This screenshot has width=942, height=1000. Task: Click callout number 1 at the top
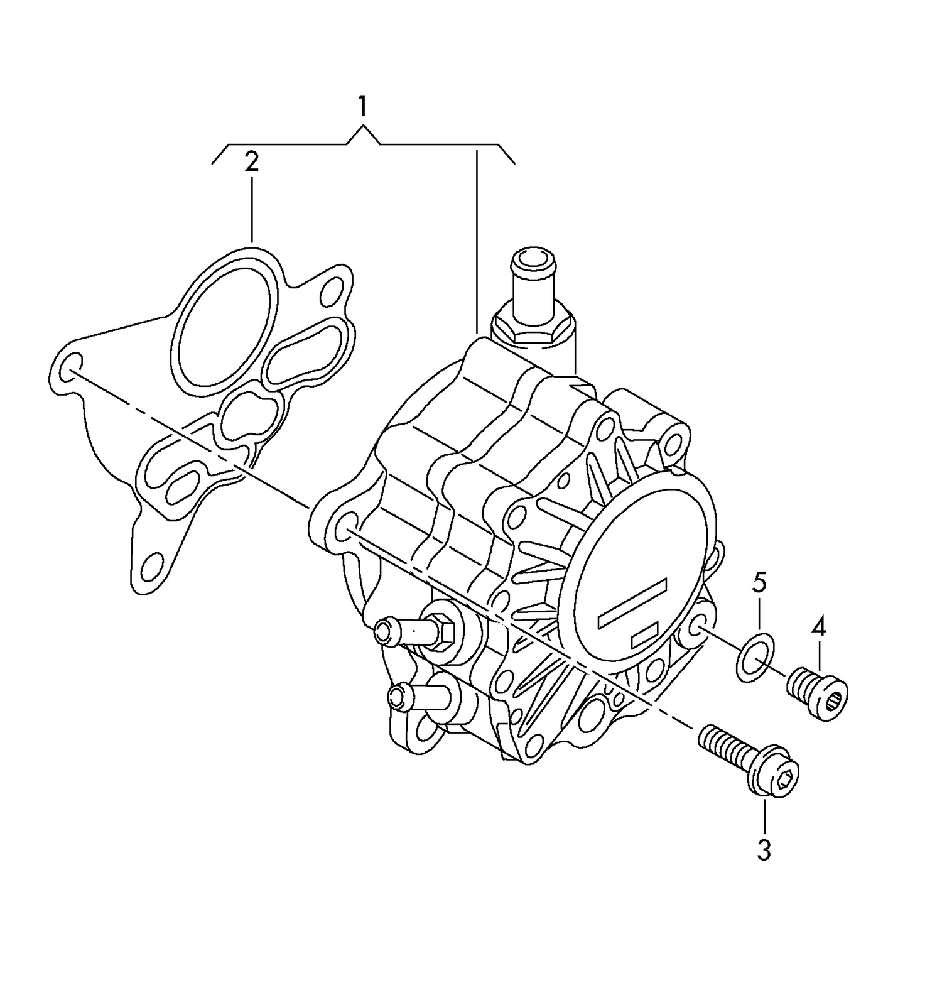(x=362, y=107)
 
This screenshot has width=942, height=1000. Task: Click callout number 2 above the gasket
(x=251, y=161)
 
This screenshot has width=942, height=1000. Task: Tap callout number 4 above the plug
(x=818, y=626)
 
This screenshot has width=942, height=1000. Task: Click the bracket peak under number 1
(x=363, y=129)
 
